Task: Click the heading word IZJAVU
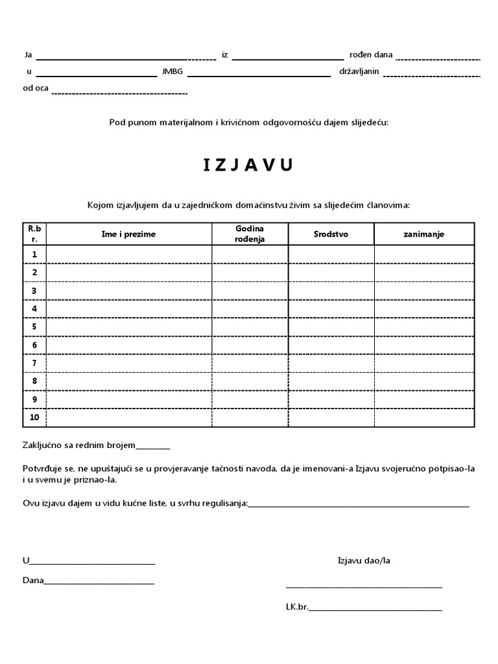point(248,165)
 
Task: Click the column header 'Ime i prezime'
point(128,234)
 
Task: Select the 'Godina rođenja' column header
point(250,234)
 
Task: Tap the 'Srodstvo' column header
point(331,234)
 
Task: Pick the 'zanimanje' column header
point(424,234)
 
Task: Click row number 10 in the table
point(34,418)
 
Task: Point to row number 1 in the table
point(34,254)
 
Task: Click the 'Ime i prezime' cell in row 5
point(128,327)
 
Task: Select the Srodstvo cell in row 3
point(331,290)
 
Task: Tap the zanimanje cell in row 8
point(424,381)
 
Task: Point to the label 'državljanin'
point(359,71)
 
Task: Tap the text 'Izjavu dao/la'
point(364,560)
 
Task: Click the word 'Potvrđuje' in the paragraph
point(41,469)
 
